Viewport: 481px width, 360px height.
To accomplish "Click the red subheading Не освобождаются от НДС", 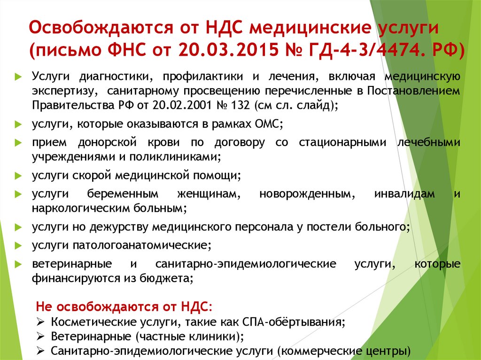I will click(124, 307).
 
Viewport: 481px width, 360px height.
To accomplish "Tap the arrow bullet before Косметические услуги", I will click(40, 322).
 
